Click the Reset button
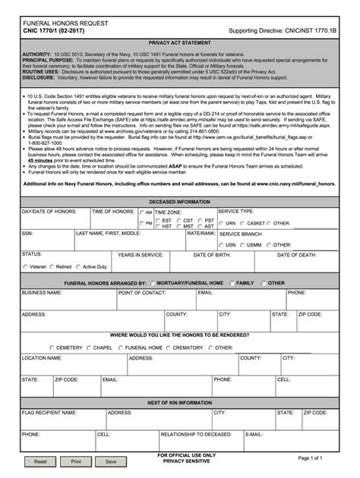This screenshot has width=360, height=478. [x=40, y=461]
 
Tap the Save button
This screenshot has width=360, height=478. [x=111, y=461]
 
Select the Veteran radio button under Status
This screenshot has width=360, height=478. [x=25, y=267]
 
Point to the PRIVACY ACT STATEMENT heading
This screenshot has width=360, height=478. [x=180, y=45]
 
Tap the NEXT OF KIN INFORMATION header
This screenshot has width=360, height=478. [x=180, y=402]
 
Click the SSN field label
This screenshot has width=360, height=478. [x=27, y=234]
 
